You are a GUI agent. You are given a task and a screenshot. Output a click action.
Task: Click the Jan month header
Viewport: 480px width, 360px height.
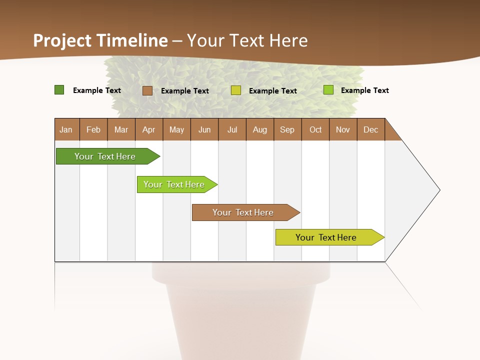coord(66,129)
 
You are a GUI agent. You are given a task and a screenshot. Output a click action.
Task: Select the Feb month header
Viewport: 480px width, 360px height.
coord(93,129)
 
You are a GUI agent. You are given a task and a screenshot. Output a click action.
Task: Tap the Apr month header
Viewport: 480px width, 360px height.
coord(149,129)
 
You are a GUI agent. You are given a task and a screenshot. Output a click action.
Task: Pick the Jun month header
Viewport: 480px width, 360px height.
coord(204,129)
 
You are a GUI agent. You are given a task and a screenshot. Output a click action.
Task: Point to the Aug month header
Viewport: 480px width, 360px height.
coord(260,129)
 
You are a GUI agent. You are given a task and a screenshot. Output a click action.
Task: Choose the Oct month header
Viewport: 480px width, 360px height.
coord(315,129)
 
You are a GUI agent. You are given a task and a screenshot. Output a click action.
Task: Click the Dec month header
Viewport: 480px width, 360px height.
coord(371,129)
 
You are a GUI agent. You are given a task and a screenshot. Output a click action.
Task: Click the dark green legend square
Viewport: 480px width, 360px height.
coord(59,90)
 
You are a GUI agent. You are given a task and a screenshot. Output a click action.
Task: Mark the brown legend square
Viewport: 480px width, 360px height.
coord(147,90)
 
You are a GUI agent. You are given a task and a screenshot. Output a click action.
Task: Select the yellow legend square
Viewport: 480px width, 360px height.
coord(236,90)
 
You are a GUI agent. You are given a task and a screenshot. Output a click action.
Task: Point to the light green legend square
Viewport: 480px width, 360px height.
coord(328,90)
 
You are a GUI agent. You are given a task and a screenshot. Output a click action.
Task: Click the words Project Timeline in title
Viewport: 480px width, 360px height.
coord(100,40)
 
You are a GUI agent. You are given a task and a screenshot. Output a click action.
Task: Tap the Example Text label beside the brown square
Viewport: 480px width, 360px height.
coord(185,91)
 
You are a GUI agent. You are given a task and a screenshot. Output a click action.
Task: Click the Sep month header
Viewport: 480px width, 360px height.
coord(287,129)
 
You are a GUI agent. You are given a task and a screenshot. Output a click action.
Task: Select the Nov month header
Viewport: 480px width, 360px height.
coord(343,129)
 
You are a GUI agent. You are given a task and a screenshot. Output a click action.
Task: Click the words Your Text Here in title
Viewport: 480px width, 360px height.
coord(247,40)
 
